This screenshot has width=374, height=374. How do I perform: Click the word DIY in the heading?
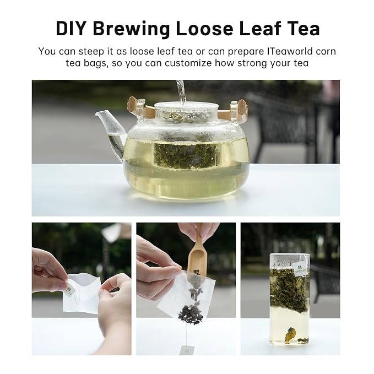[x=71, y=29]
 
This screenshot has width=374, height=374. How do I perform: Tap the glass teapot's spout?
[x=110, y=130]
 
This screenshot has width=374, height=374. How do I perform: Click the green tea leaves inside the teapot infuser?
[x=186, y=155]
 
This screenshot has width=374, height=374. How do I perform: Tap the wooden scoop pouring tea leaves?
[x=197, y=258]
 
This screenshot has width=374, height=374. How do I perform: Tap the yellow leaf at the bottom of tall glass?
[x=290, y=334]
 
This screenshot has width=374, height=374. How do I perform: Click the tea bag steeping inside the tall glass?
[x=289, y=290]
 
